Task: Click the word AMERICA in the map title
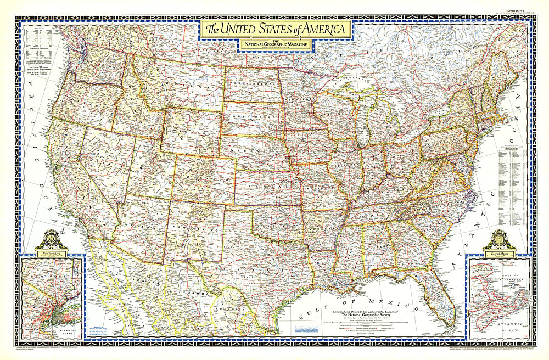point(319,28)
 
